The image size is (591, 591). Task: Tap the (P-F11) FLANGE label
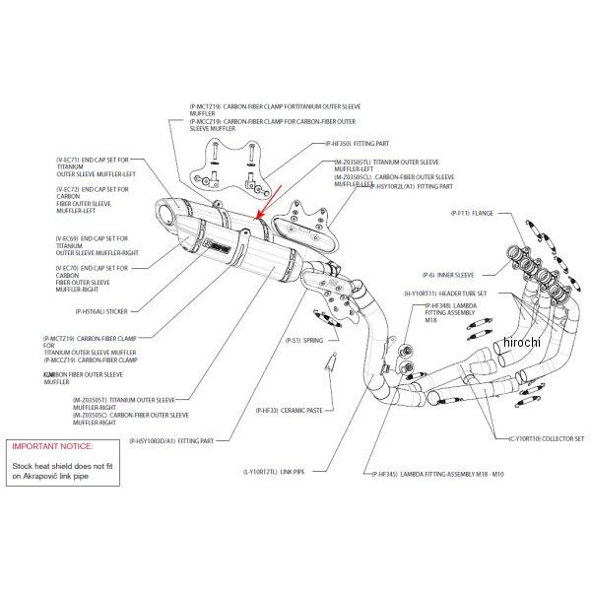[x=472, y=212]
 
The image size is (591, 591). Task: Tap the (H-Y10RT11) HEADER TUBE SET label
[x=453, y=294]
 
